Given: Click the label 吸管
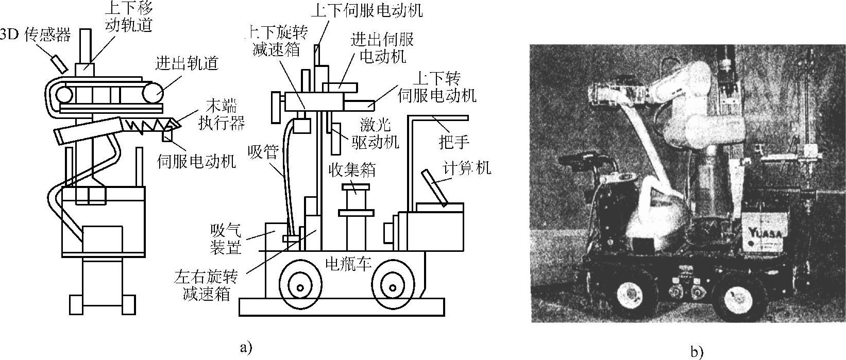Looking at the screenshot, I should (x=263, y=152).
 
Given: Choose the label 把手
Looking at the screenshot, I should (x=453, y=142).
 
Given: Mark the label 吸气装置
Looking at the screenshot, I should (x=227, y=238).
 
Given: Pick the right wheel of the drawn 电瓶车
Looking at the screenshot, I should (x=392, y=286).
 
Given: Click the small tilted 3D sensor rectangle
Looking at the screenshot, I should (x=58, y=62).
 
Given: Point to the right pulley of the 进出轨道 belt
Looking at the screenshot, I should (x=153, y=94).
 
